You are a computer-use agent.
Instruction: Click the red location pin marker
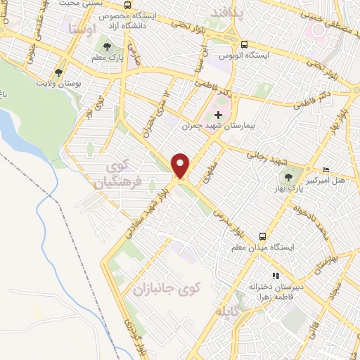point(181,165)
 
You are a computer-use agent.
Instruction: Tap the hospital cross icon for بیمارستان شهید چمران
point(218,115)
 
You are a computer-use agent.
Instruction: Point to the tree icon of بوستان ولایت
point(58,72)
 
